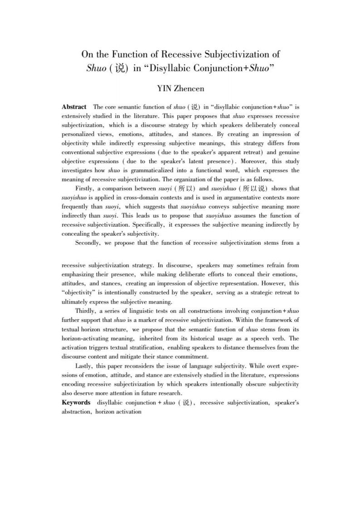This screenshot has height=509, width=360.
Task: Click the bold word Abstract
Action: click(x=74, y=107)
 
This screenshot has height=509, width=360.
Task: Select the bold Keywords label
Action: click(x=76, y=402)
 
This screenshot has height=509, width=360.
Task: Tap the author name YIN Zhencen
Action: click(x=180, y=88)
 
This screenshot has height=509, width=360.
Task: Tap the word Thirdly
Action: click(x=87, y=311)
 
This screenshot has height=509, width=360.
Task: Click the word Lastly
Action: click(x=85, y=365)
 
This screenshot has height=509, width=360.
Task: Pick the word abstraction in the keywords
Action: click(x=77, y=412)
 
